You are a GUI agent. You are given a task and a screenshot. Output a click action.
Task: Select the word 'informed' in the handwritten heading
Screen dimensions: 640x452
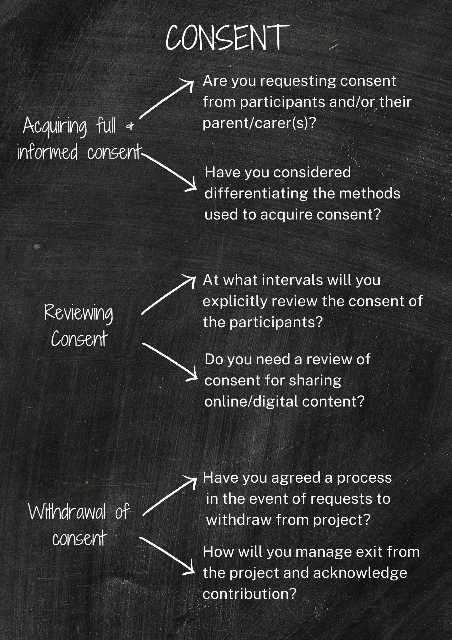point(47,152)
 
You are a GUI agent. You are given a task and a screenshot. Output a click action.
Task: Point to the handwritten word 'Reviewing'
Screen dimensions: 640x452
point(79,313)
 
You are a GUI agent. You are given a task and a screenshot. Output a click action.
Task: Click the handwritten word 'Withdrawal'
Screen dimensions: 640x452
point(67,512)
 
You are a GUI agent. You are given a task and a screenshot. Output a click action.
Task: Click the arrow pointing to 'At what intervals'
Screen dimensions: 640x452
point(168,295)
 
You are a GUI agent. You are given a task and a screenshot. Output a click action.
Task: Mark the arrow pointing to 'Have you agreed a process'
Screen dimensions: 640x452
point(170,496)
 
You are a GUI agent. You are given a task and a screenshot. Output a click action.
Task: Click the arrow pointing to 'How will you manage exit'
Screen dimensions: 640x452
point(167,556)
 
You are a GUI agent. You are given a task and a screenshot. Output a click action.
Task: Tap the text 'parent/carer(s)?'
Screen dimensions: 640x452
point(259,123)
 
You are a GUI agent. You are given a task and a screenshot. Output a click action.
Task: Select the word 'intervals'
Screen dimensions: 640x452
point(292,280)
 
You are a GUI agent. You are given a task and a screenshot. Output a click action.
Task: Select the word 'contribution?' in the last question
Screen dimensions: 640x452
point(249,594)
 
